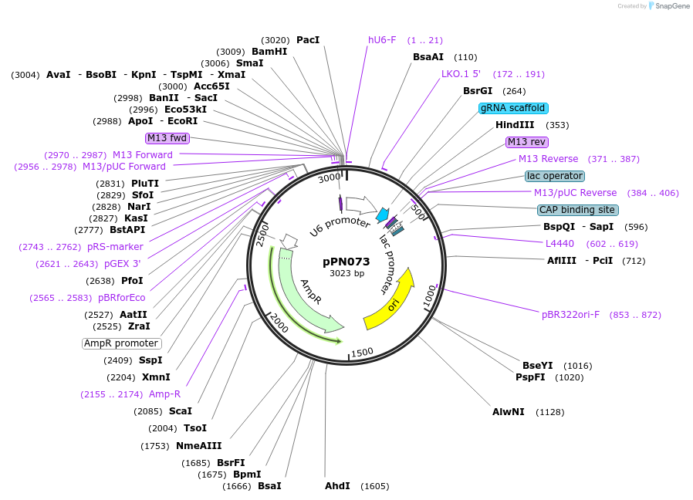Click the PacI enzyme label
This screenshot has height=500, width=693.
click(x=307, y=40)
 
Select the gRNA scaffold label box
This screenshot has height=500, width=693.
click(x=513, y=108)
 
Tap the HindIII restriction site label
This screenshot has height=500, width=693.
click(x=515, y=125)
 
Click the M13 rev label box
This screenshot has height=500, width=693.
click(x=527, y=142)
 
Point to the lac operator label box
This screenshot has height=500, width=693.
click(x=555, y=176)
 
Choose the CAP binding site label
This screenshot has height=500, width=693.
click(x=578, y=210)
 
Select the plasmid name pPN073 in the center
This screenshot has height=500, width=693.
click(x=346, y=262)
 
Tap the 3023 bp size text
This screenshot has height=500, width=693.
click(x=346, y=273)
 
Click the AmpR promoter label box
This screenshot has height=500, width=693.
click(x=121, y=343)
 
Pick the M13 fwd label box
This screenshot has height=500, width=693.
click(x=167, y=138)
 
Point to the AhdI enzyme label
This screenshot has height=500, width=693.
click(x=337, y=486)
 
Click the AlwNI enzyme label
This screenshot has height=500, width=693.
click(x=509, y=412)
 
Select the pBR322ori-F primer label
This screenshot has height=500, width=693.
click(x=570, y=315)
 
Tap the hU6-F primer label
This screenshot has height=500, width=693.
click(x=382, y=40)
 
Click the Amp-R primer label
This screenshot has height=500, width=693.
click(x=164, y=394)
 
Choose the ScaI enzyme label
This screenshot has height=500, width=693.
click(x=180, y=411)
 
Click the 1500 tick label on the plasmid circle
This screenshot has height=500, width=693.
click(x=362, y=352)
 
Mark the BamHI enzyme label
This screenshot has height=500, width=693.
click(x=269, y=52)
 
